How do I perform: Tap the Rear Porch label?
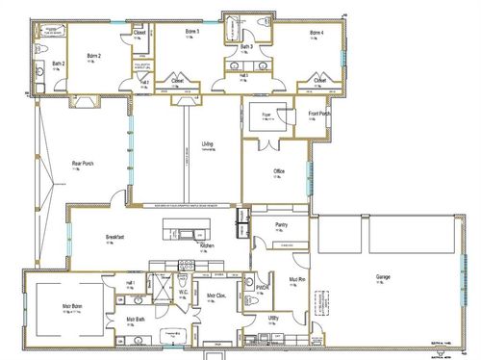[82, 163]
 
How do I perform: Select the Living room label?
[208, 144]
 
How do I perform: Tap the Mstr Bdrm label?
[63, 306]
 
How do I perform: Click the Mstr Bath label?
[135, 319]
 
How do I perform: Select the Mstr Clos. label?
[216, 296]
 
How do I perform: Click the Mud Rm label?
[295, 280]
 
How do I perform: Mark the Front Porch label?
[320, 115]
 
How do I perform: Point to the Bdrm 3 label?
[192, 32]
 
